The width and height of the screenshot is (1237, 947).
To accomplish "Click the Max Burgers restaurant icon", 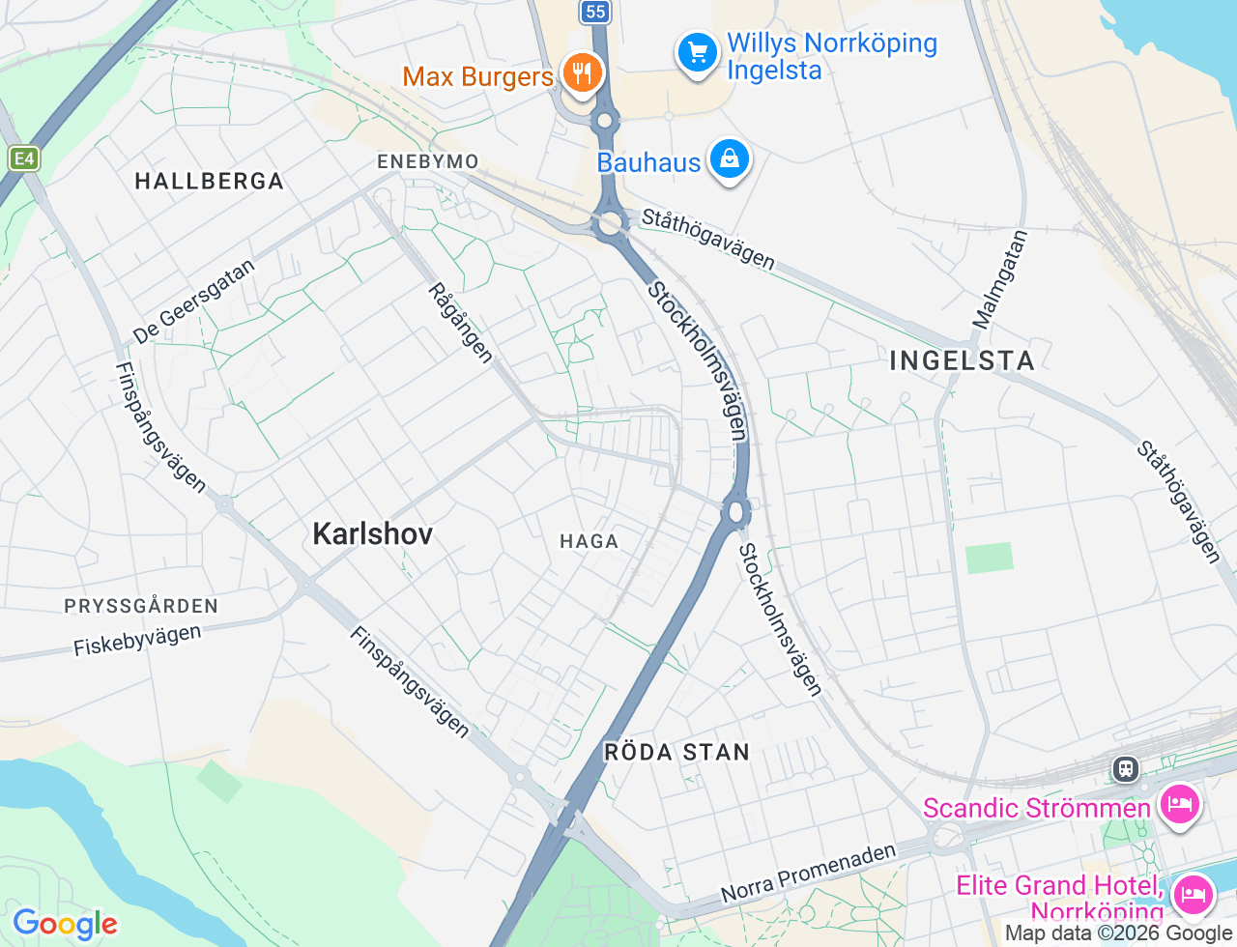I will tap(582, 72).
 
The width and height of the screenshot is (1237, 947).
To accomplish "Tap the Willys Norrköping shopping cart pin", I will tap(698, 52).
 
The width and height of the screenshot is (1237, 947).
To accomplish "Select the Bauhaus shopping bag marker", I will tap(730, 158).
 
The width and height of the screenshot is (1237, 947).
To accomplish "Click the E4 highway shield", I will tap(24, 158).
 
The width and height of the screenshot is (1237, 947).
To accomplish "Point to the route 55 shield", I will tap(595, 12).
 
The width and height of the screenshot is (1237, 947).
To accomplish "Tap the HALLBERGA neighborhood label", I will tap(210, 182).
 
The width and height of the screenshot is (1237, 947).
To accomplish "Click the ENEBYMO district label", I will tap(428, 161).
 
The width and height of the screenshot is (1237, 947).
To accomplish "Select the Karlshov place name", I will tap(373, 533).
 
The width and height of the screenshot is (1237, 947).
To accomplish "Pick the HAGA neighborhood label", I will tap(589, 541).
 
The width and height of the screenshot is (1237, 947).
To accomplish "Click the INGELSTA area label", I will tap(962, 361).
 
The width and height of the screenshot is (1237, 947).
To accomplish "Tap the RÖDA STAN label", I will tap(676, 753).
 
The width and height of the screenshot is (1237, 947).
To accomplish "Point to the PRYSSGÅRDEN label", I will tap(141, 607).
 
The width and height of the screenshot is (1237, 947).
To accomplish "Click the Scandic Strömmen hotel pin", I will tap(1180, 804).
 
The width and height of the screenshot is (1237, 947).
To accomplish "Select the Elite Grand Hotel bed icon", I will tap(1193, 894).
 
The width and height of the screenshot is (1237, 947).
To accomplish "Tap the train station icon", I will tap(1125, 769).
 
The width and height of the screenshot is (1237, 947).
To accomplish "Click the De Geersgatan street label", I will tap(194, 301).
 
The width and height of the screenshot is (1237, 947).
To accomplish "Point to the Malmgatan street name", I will tap(1000, 279).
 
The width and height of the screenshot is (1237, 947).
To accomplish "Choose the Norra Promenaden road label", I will tap(809, 873).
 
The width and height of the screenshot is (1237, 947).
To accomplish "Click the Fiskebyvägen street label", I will tap(137, 641).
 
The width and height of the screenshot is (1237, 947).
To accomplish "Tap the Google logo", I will tap(65, 925).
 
